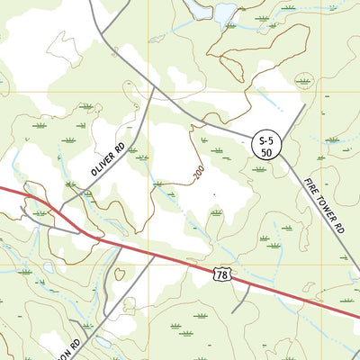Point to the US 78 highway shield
click(x=222, y=272)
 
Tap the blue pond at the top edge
click(x=220, y=13)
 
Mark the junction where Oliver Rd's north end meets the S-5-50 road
click(x=151, y=87)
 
